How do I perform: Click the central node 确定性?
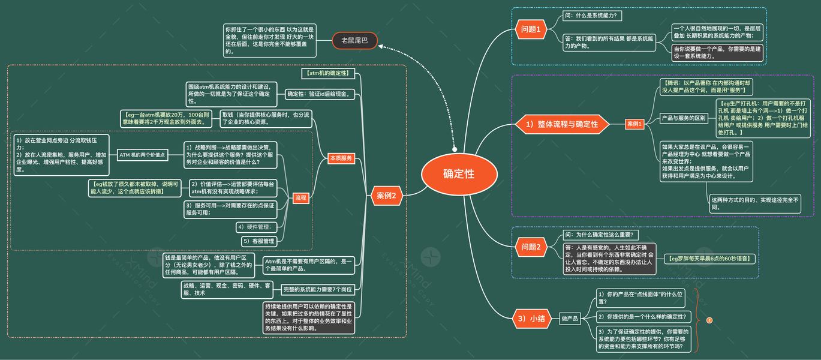click(459, 174)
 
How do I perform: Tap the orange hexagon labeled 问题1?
click(531, 29)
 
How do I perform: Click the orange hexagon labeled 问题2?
click(531, 247)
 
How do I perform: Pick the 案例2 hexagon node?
click(387, 195)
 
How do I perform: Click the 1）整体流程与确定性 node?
click(563, 124)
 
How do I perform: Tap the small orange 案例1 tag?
click(635, 124)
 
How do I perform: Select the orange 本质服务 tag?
click(341, 158)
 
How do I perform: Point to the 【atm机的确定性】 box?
click(329, 73)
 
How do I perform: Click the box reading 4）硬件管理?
click(257, 227)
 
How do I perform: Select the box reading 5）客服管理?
click(259, 241)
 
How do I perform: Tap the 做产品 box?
click(570, 319)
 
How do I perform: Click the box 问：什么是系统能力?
click(590, 15)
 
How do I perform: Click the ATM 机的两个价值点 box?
click(142, 155)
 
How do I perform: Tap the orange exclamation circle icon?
click(709, 320)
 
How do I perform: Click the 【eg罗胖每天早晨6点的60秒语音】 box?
click(710, 259)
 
